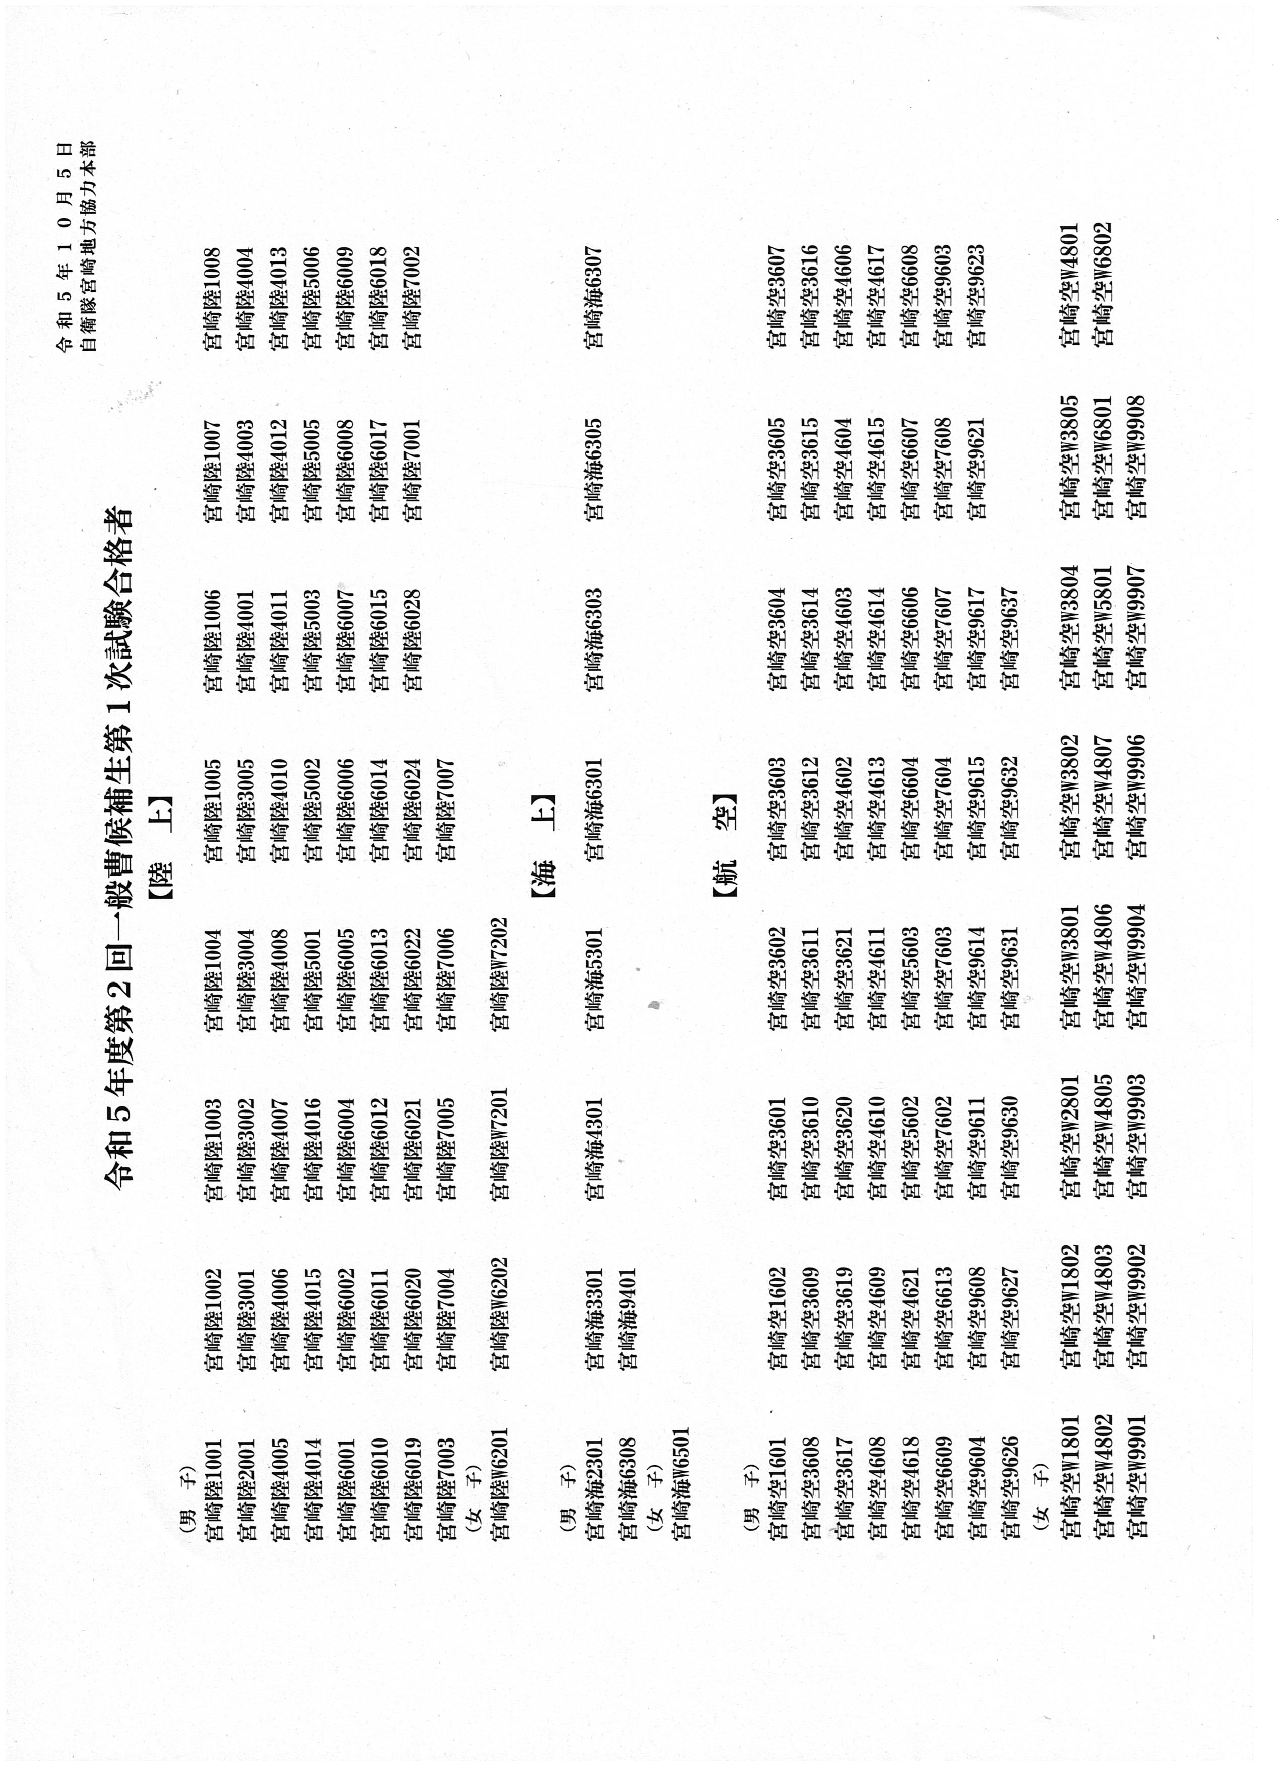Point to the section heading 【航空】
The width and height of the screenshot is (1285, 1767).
[x=725, y=847]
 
